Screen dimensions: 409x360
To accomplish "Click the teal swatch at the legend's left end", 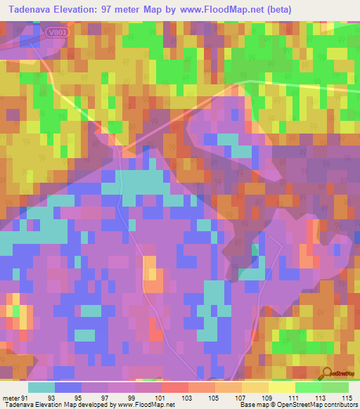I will [x=41, y=387].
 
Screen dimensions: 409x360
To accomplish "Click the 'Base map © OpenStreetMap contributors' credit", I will [x=298, y=405].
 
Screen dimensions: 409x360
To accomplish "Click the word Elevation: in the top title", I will [x=79, y=9].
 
